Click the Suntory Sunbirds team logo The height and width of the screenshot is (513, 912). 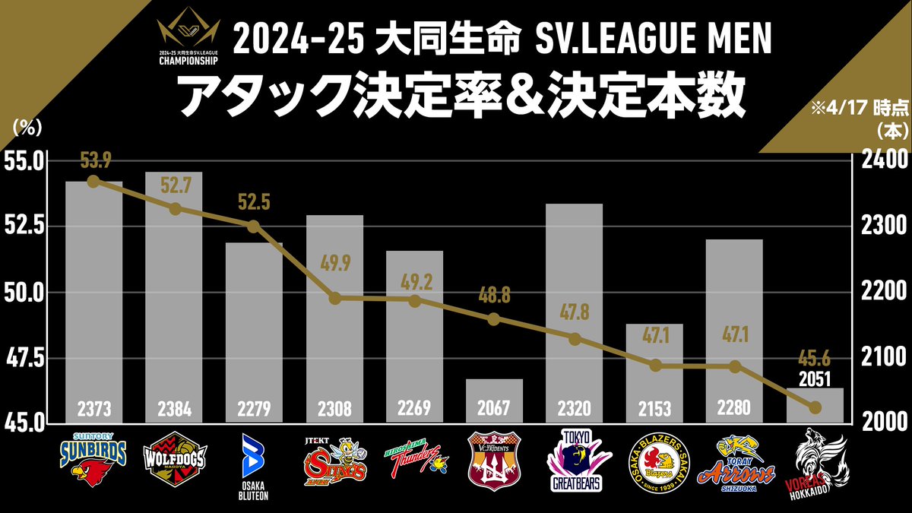(93, 460)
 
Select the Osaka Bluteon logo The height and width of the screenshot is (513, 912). (254, 466)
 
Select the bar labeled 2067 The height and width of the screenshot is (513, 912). (495, 400)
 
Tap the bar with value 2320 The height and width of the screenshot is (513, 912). (575, 312)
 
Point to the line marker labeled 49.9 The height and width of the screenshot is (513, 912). (334, 297)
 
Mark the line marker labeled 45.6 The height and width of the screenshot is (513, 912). (815, 407)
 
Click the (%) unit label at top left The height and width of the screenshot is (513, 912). (24, 128)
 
